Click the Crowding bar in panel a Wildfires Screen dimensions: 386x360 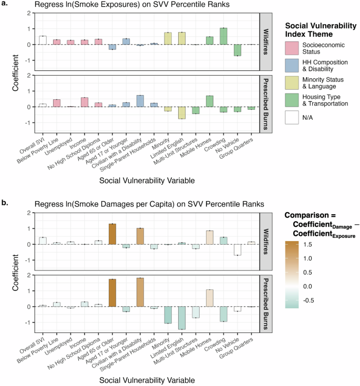click(223, 36)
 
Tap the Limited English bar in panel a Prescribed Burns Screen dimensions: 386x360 click(181, 112)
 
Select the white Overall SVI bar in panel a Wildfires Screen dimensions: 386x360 click(43, 40)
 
